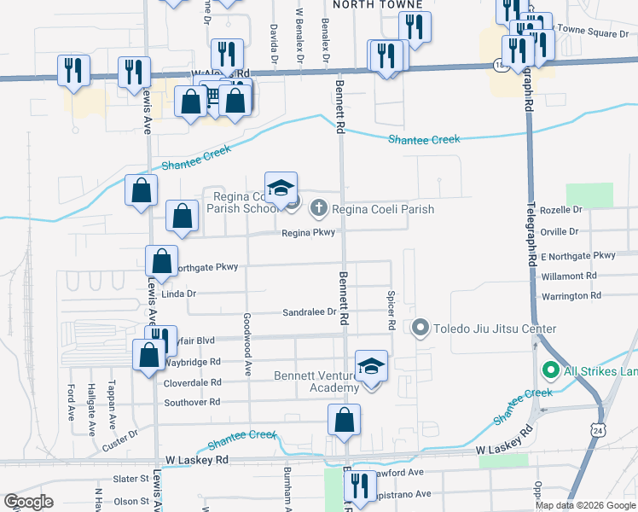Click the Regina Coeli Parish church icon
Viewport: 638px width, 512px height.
(318, 207)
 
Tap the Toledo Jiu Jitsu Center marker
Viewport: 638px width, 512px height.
(420, 328)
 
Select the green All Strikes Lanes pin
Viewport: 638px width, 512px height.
(550, 370)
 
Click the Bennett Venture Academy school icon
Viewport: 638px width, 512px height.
(371, 365)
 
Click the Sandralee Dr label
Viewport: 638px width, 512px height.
(309, 312)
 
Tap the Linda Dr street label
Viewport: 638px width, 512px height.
(179, 294)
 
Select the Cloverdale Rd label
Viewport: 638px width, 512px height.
(193, 382)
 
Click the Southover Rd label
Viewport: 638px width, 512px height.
(192, 401)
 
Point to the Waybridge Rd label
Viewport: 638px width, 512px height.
(192, 362)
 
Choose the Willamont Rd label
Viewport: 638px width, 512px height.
(569, 276)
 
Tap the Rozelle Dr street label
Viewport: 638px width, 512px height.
(560, 209)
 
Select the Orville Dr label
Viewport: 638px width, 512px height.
(560, 231)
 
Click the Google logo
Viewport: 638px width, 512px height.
(28, 502)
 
